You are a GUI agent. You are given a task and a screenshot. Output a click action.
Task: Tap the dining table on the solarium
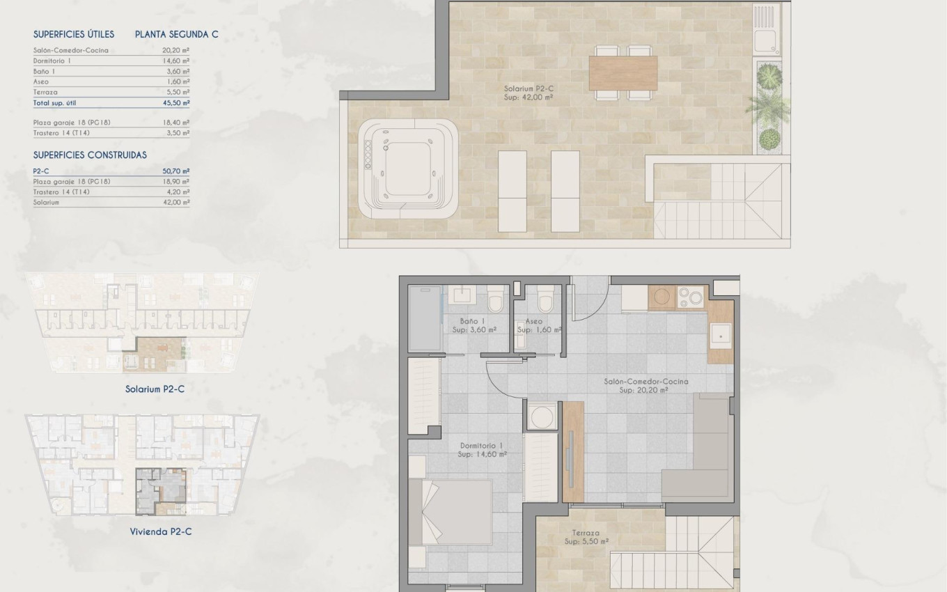(623, 72)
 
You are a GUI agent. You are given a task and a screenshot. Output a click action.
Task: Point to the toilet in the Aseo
(545, 301)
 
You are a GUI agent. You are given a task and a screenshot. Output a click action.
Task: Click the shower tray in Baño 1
(424, 318)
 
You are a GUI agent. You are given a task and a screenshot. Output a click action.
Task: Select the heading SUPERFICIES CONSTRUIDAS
(90, 155)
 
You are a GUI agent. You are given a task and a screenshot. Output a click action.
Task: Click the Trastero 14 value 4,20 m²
(179, 192)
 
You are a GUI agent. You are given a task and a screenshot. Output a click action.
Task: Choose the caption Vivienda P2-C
(160, 531)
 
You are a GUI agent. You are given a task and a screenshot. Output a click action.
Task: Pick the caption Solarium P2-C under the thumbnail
(155, 389)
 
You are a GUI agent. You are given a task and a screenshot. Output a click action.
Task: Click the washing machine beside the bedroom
(541, 416)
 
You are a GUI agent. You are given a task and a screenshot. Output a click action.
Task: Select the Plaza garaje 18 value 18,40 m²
(179, 123)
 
